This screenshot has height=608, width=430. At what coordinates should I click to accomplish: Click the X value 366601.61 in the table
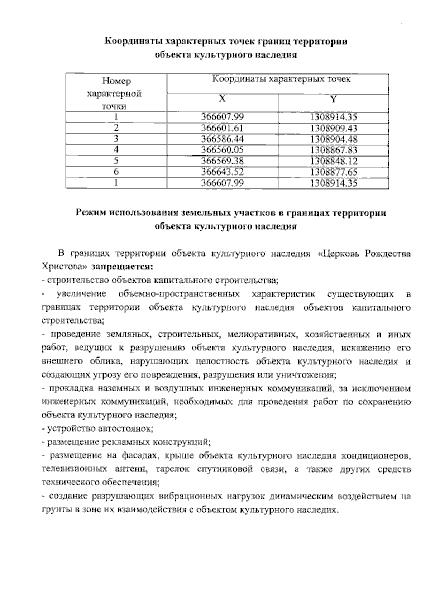223,128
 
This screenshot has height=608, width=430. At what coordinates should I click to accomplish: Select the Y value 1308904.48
334,139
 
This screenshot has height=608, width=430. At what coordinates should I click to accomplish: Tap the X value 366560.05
223,150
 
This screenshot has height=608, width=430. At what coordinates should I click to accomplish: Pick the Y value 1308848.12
334,161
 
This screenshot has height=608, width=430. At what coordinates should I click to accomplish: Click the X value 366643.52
223,172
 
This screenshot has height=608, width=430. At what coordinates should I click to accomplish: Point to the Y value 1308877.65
334,172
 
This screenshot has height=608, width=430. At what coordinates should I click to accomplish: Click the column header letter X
223,99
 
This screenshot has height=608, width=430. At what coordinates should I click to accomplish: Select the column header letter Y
334,99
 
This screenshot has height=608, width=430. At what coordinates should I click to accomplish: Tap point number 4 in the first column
116,150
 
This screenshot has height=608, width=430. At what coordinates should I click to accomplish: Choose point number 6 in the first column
116,172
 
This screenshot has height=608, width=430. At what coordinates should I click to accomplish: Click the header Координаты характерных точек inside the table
281,79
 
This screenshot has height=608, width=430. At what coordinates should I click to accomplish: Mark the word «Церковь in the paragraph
336,254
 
